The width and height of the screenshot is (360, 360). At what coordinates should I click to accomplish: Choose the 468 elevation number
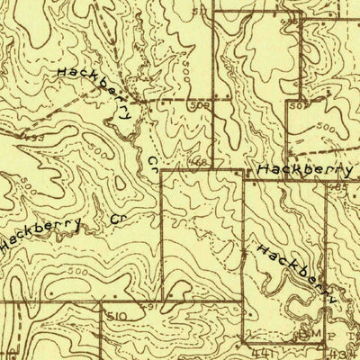coord(196,163)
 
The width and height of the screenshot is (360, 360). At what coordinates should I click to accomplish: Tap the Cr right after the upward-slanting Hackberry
coord(114,218)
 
